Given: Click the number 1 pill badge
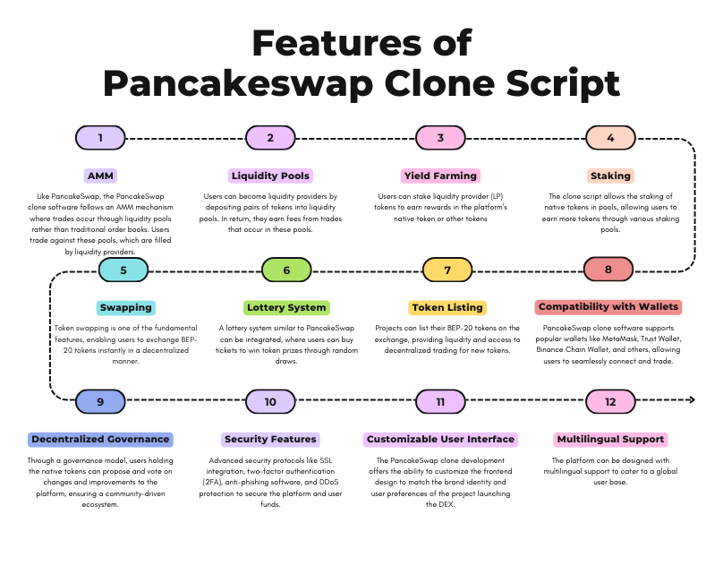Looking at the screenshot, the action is (100, 138).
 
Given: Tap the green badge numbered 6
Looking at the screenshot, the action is (286, 270).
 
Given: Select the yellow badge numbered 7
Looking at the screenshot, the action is (447, 270).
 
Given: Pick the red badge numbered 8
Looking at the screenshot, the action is (608, 270).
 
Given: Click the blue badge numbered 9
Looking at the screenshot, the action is (100, 401).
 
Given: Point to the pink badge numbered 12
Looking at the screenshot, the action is (610, 401).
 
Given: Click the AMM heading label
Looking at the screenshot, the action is (100, 176).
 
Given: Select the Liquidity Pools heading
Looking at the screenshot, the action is (270, 176).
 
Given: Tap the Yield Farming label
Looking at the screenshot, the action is (440, 176).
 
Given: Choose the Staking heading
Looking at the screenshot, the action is (610, 176).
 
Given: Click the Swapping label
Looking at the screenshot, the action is (126, 307).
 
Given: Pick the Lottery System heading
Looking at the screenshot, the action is (286, 307).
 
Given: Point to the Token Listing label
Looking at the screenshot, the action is (447, 307).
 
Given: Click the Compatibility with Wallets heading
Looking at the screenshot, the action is (608, 307).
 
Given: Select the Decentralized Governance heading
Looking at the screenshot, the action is (100, 440).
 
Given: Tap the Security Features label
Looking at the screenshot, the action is (270, 440).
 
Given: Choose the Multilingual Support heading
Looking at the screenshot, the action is (610, 440).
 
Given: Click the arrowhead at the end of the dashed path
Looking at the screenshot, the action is (692, 399).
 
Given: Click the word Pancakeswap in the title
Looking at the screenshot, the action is (237, 83).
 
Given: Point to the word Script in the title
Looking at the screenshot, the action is (563, 83).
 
